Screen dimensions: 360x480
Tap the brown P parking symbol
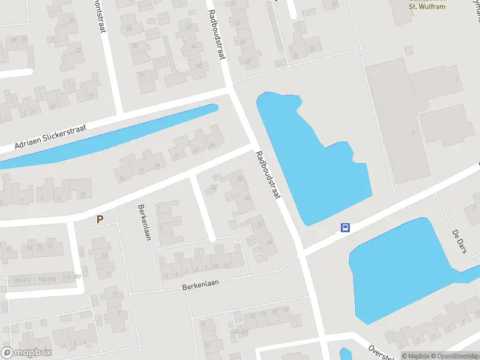pos(100,220)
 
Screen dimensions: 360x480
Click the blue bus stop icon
pos(345,227)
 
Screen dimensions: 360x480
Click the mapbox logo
pos(26,353)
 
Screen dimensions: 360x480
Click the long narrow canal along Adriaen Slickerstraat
pos(108,135)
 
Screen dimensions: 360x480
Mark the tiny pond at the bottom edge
pos(345,354)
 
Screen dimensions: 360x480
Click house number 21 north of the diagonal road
pos(176,157)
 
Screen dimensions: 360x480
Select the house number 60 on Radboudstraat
pos(260,223)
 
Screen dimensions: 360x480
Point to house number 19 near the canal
pos(90,96)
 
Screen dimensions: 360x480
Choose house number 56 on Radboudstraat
pos(247,197)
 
